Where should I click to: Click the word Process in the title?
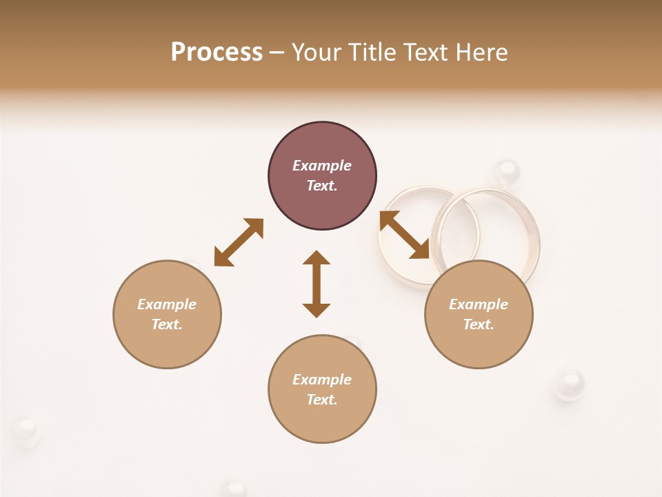[217, 52]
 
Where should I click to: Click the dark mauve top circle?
[322, 176]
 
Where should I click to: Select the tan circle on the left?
[167, 314]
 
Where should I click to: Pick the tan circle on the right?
[479, 314]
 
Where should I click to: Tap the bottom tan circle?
[322, 389]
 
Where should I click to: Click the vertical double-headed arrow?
[317, 284]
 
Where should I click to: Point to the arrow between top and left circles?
[239, 242]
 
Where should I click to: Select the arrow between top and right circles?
[405, 235]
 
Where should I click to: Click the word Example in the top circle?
[322, 166]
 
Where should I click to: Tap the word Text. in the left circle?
[167, 324]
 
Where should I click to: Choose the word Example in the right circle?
[479, 304]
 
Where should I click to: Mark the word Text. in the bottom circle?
[322, 400]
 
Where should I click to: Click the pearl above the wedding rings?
[507, 170]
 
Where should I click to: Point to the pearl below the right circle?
[568, 383]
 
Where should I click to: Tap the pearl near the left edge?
[26, 431]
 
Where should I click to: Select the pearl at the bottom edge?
[236, 489]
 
